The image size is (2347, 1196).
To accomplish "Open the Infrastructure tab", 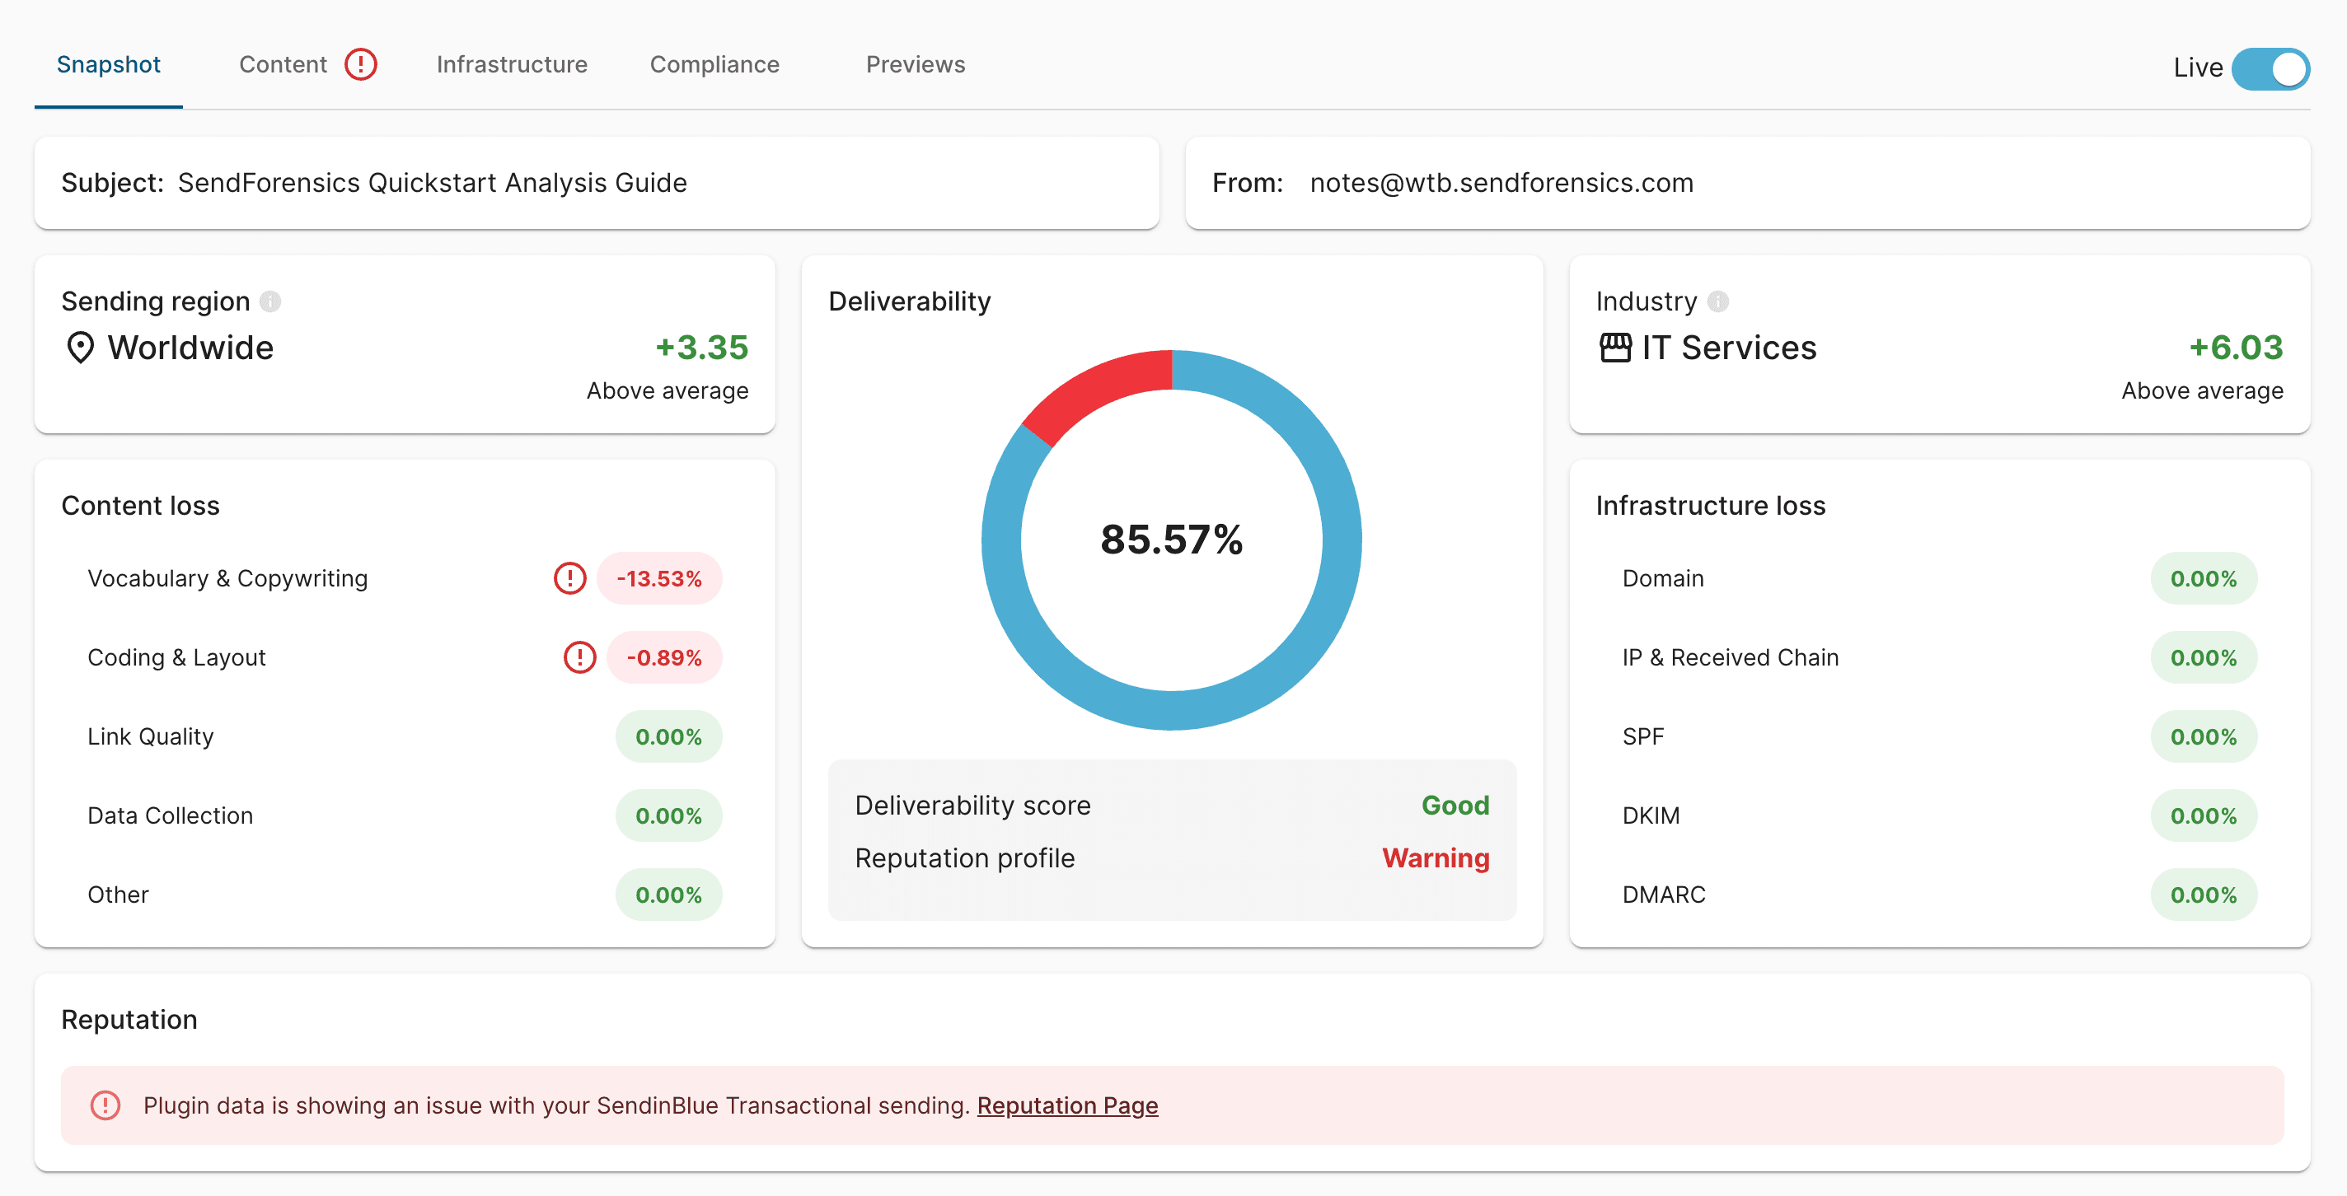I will click(511, 65).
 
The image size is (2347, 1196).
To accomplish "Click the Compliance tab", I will click(714, 65).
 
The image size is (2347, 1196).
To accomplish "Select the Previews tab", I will click(915, 65).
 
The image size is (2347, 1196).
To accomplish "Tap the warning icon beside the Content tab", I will click(361, 65).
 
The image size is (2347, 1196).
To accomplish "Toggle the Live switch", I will click(2270, 68).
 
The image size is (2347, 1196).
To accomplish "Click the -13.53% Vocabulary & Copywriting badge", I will click(658, 578).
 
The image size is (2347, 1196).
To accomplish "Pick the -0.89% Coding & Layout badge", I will click(663, 657).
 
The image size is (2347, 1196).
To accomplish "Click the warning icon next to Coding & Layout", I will click(579, 657).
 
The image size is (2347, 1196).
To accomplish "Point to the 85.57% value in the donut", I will click(1171, 540).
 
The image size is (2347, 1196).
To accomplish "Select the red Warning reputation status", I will click(1435, 858).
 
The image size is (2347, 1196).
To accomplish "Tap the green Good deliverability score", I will click(1455, 806).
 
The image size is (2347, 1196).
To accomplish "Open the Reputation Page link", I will click(1067, 1106).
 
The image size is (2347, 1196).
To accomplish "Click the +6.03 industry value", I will click(2236, 347).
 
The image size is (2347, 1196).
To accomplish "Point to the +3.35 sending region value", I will click(701, 347).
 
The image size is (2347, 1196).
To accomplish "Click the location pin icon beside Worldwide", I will click(80, 348).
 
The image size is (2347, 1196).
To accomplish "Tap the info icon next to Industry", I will click(1717, 301).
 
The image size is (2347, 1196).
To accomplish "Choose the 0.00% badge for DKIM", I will click(2203, 816).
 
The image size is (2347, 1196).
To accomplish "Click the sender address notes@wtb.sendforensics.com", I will click(1501, 183).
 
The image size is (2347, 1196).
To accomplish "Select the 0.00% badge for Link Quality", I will click(668, 737).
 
